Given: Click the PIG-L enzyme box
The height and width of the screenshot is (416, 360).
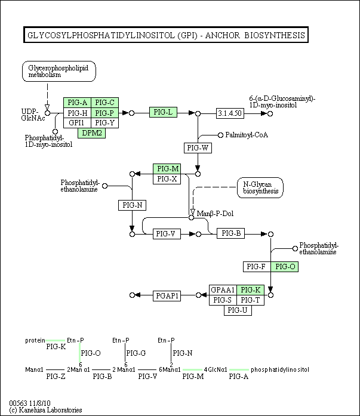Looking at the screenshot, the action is tap(163, 112).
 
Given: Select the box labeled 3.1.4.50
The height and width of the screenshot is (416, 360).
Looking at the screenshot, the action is tap(230, 113).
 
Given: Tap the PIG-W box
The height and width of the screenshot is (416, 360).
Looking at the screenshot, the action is tap(198, 148).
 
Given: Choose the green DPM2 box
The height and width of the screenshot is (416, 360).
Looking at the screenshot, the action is tap(91, 133).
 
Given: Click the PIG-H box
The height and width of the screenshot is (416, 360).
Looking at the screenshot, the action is tap(77, 113).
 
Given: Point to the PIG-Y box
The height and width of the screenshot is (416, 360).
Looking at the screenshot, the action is tap(105, 123).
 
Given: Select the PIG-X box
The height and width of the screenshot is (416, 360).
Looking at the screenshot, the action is tap(167, 179).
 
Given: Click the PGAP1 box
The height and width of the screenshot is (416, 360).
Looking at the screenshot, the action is tap(167, 295).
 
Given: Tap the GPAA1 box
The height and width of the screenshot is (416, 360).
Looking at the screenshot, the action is tap(223, 289).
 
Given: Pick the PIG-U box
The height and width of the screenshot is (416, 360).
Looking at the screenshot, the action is tap(238, 310).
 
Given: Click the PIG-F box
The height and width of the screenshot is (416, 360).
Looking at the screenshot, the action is tap(257, 267).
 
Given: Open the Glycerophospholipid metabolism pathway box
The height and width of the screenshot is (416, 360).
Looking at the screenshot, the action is tap(59, 72).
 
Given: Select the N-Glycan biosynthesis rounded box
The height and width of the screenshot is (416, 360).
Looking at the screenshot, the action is tap(260, 188).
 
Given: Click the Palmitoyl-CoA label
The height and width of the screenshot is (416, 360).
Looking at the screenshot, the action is tap(247, 135).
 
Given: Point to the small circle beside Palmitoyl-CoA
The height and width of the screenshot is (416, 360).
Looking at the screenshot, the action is tap(220, 135).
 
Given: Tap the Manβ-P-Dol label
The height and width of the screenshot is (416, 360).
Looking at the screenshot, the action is tap(215, 214).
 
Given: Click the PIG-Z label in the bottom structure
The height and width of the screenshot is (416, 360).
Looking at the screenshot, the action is tap(56, 377).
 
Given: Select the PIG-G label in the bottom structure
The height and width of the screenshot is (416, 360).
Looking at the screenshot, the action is tap(136, 353).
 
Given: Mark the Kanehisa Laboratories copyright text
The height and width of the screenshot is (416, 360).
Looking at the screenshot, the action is tap(45, 410).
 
